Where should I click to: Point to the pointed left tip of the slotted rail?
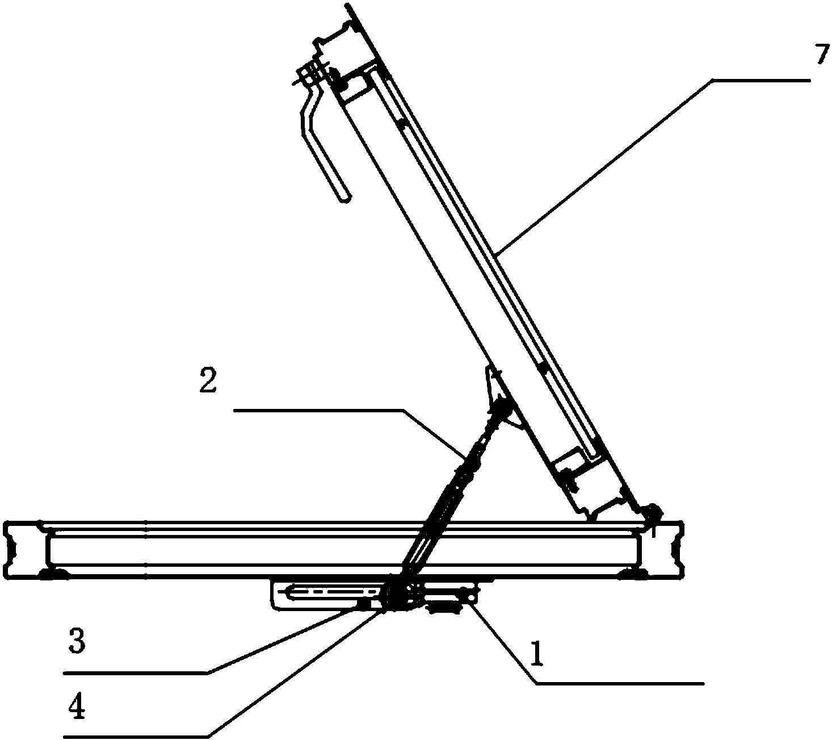click(280, 592)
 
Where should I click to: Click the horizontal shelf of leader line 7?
click(760, 81)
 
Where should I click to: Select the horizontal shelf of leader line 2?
click(319, 409)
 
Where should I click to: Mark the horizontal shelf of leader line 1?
click(620, 683)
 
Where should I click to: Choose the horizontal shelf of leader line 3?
click(136, 672)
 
